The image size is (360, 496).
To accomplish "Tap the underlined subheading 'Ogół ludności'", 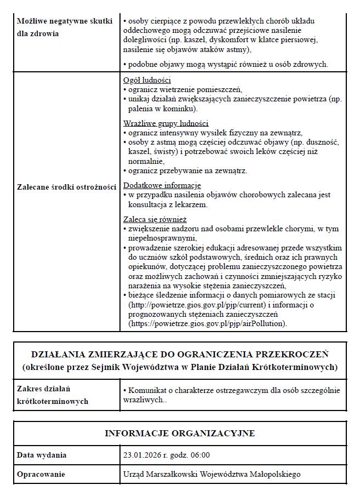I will coord(147,80).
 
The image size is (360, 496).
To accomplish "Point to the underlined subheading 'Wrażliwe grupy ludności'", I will coord(165,123).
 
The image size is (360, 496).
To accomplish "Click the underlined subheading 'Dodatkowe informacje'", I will coord(162,185).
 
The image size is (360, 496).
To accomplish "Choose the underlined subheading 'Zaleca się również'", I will coord(155,219).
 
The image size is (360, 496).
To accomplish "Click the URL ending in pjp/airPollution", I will coord(207,324).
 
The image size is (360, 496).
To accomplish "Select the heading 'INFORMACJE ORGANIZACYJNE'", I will coord(180,434).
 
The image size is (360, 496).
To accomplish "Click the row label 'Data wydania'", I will coord(42,455).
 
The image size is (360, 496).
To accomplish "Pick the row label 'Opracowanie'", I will coord(41,474).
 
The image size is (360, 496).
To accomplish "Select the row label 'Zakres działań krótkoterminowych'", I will coord(52,395).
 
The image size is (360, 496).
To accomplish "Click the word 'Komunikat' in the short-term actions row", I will coord(147,390).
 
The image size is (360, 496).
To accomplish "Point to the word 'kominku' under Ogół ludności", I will coord(168,109).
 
